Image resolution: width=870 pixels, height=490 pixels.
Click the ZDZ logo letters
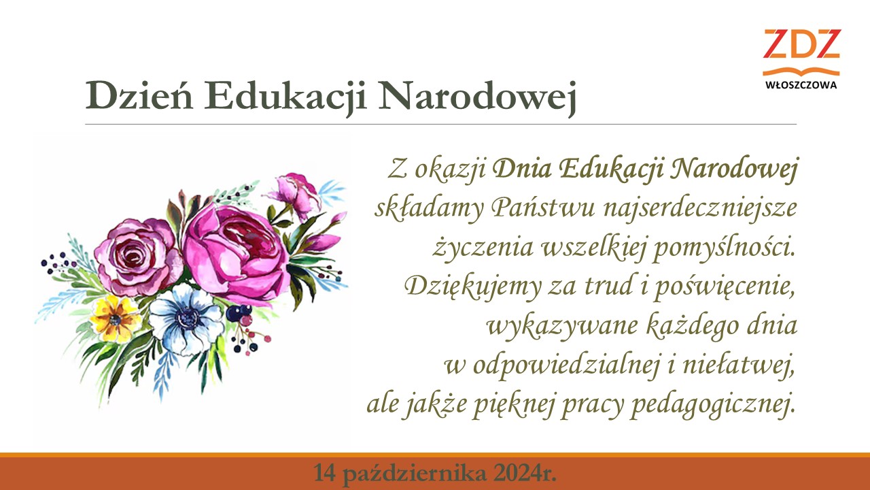(801, 44)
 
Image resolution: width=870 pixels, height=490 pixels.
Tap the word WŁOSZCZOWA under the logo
(801, 85)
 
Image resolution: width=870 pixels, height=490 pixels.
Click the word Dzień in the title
(139, 95)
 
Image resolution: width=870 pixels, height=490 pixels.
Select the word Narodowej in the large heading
(477, 97)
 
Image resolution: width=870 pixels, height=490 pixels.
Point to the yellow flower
(116, 318)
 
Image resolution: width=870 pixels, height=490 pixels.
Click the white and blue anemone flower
(187, 319)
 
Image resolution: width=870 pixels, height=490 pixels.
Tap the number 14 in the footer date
(324, 473)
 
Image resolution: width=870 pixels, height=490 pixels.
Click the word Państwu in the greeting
(543, 208)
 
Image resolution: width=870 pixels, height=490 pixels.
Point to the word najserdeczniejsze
(700, 209)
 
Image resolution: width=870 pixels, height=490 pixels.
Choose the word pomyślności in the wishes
(724, 248)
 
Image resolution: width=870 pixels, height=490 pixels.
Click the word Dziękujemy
(472, 287)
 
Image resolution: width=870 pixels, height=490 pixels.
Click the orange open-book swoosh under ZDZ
(801, 71)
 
